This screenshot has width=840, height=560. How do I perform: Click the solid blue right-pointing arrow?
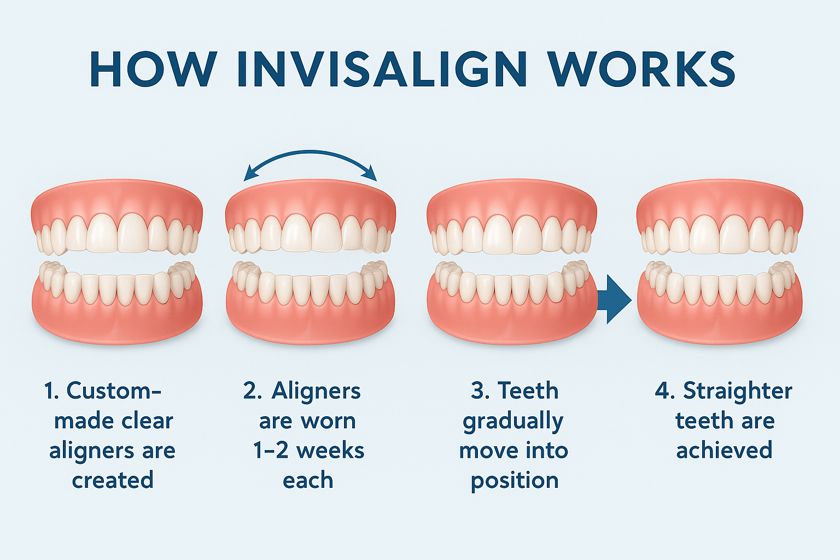614,299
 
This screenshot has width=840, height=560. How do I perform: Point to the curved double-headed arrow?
310,152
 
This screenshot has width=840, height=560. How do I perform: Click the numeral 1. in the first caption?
52,390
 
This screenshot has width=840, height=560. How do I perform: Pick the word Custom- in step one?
114,390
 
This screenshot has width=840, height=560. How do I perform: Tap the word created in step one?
113,480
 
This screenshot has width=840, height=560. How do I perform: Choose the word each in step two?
308,480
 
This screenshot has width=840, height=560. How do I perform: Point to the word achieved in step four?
724,450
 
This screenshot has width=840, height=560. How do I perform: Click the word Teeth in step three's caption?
528,390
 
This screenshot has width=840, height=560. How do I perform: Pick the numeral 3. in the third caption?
480,390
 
